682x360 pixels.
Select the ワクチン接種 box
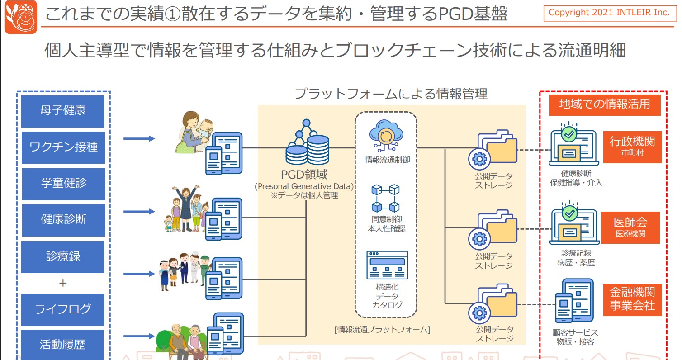point(63,147)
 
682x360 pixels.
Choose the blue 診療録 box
point(63,257)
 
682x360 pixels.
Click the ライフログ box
point(63,310)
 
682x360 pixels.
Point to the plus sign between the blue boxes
point(63,283)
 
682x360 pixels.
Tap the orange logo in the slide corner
point(21,17)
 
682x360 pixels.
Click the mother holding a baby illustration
point(194,133)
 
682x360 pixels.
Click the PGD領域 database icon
point(307,142)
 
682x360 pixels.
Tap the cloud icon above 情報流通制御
point(386,136)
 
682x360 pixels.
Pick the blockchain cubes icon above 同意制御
point(385,198)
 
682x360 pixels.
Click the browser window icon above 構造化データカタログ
point(387,265)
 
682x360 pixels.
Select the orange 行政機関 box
point(633,147)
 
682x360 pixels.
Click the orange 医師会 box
point(630,227)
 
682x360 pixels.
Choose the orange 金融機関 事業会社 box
point(633,300)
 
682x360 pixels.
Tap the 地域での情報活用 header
point(605,105)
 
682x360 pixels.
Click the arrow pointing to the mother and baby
point(139,138)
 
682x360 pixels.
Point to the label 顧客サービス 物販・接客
point(575,337)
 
